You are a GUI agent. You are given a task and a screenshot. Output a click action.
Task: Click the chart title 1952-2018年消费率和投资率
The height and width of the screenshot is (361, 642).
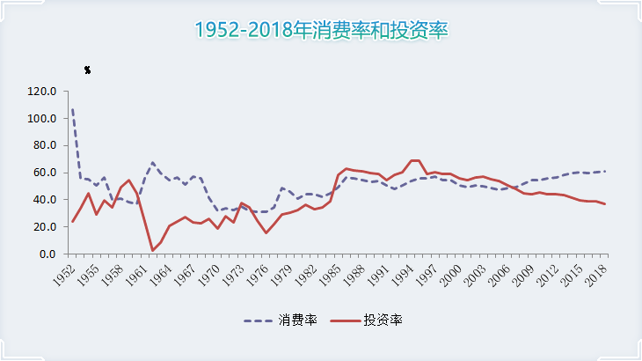tap(321, 30)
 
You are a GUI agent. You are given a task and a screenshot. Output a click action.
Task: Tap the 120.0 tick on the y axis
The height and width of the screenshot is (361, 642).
tap(42, 91)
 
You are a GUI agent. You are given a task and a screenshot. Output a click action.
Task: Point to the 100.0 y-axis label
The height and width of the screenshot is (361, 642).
tap(42, 118)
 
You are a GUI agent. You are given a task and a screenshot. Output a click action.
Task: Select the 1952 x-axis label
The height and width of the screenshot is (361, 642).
tap(62, 275)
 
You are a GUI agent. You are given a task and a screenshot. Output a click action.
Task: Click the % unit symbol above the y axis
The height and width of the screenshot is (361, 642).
tap(87, 70)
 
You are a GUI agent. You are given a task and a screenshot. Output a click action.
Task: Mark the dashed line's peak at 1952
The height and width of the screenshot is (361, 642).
tap(72, 109)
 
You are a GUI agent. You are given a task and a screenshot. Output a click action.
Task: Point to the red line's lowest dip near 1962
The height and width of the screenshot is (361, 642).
tap(153, 250)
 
